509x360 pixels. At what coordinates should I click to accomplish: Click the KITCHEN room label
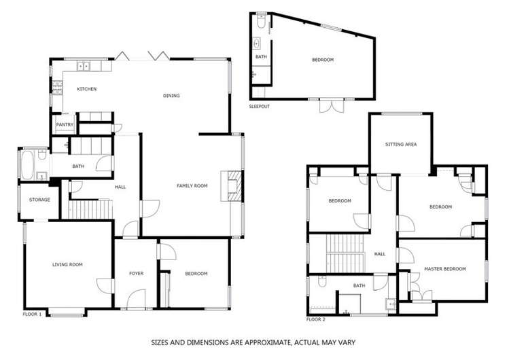(86, 89)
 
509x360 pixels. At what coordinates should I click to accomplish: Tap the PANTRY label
(65, 125)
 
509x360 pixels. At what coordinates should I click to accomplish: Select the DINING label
(171, 96)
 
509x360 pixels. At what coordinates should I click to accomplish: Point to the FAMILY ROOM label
(192, 185)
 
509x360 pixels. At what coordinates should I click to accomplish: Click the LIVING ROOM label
(67, 264)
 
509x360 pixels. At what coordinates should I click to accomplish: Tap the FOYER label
(136, 274)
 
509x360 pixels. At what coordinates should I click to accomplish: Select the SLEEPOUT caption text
(259, 107)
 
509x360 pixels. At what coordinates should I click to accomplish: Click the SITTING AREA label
(400, 145)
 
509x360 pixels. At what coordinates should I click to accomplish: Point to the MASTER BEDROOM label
(445, 269)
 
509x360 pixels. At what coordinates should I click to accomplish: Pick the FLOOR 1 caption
(32, 314)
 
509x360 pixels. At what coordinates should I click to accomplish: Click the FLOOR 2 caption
(316, 319)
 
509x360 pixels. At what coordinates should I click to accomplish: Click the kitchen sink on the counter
(85, 67)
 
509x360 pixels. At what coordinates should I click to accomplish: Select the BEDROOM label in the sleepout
(323, 60)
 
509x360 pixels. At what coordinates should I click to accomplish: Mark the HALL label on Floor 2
(379, 254)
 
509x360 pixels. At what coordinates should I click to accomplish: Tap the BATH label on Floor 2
(359, 286)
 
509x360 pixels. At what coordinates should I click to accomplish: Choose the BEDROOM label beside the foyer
(196, 274)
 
